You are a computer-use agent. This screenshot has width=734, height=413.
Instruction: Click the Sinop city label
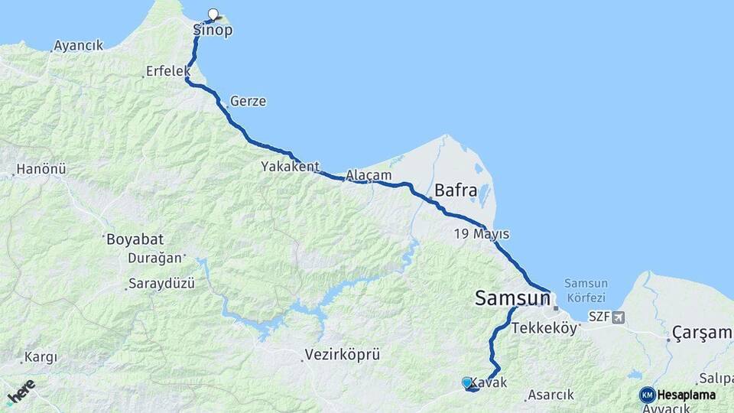pyautogui.click(x=213, y=31)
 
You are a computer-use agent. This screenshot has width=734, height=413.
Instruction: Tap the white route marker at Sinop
pyautogui.click(x=213, y=13)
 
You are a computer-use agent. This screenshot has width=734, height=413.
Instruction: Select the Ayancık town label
pyautogui.click(x=78, y=46)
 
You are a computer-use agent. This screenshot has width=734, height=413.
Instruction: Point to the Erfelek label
pyautogui.click(x=168, y=71)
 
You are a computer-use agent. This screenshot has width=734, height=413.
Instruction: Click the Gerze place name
pyautogui.click(x=248, y=101)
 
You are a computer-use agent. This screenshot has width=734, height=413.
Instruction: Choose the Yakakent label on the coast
pyautogui.click(x=290, y=166)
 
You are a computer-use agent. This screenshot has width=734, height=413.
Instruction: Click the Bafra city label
pyautogui.click(x=456, y=190)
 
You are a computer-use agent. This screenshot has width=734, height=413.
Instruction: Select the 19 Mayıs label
pyautogui.click(x=481, y=233)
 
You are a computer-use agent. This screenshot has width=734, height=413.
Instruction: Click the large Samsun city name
pyautogui.click(x=512, y=298)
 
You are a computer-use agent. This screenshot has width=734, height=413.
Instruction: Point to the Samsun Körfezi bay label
pyautogui.click(x=585, y=290)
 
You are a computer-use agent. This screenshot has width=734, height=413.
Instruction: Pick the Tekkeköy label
pyautogui.click(x=543, y=327)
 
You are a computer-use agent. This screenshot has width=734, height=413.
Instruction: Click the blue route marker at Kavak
pyautogui.click(x=467, y=382)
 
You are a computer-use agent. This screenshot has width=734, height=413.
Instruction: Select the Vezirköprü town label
pyautogui.click(x=342, y=354)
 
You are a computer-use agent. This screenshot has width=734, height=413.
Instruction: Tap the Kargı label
pyautogui.click(x=41, y=357)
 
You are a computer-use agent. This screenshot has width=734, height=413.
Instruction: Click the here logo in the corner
pyautogui.click(x=21, y=392)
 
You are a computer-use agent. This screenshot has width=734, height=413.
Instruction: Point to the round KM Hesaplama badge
pyautogui.click(x=648, y=395)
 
